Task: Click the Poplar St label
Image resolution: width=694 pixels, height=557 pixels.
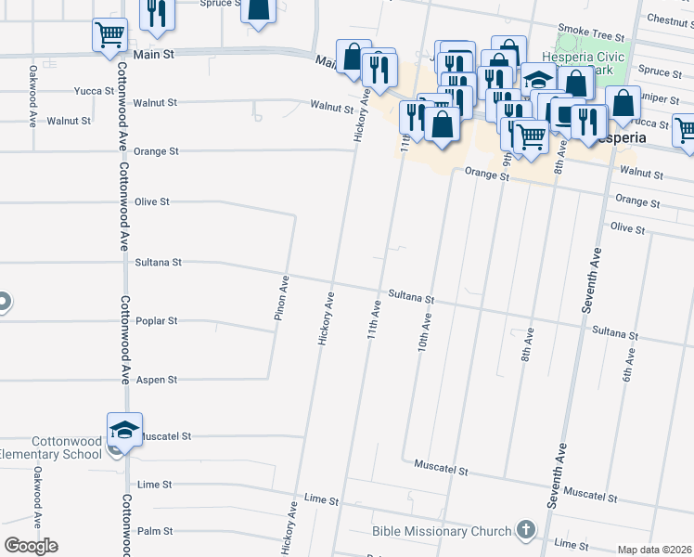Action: (x=156, y=321)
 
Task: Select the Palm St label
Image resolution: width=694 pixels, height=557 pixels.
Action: (x=155, y=531)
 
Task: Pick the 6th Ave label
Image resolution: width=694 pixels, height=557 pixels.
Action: (x=629, y=364)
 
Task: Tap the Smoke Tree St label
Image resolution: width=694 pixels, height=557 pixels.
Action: (x=590, y=36)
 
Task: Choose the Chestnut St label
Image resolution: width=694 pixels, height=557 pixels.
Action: (x=669, y=19)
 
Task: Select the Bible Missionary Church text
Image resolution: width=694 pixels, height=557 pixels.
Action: (x=442, y=531)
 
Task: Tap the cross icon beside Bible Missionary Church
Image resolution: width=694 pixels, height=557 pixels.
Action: (x=526, y=530)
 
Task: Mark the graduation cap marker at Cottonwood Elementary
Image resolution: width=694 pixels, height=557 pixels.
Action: (x=124, y=430)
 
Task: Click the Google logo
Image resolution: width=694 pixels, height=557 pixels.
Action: (x=31, y=545)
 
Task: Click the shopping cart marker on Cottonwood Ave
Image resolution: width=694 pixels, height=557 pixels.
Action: (x=109, y=34)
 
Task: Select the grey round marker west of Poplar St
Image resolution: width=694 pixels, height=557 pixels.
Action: (x=2, y=303)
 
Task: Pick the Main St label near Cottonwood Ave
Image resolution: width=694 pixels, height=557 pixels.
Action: (x=153, y=55)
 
